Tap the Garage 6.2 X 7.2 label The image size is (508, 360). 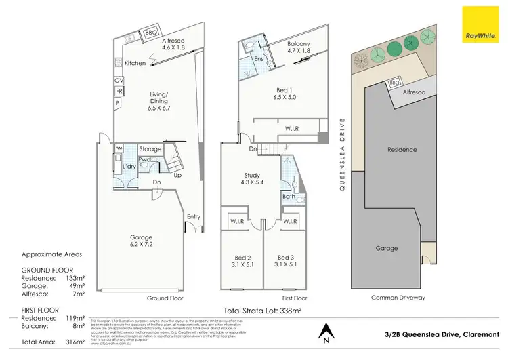point(140,241)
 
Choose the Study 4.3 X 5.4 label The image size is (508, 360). point(253,179)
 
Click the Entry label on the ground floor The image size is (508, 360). point(194,216)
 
